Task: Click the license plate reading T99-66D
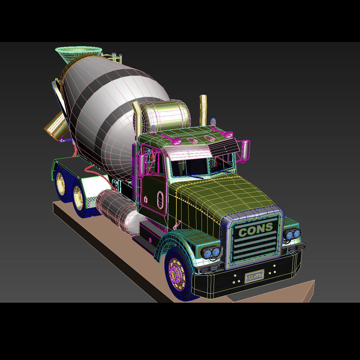(x=254, y=276)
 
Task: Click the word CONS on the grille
(x=256, y=230)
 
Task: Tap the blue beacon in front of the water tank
(x=154, y=129)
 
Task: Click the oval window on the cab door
(x=160, y=199)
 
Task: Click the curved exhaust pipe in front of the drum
(x=136, y=120)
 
